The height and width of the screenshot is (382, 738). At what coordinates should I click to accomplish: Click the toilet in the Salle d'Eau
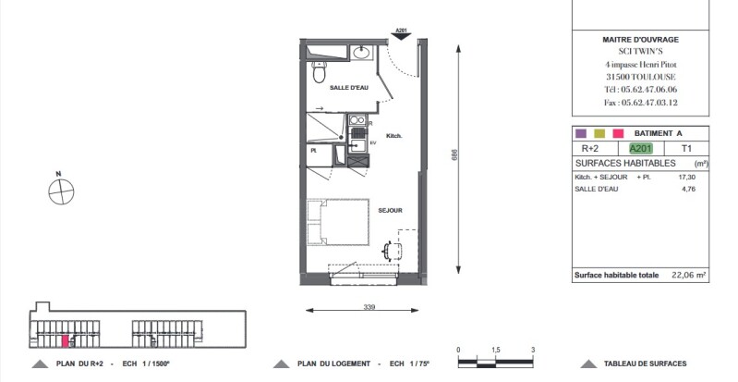pyautogui.click(x=319, y=71)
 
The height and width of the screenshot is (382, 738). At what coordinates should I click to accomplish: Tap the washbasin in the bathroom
pyautogui.click(x=361, y=53)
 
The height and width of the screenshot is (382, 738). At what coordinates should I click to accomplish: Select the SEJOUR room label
pyautogui.click(x=390, y=210)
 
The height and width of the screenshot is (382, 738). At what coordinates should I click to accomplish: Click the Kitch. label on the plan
pyautogui.click(x=394, y=136)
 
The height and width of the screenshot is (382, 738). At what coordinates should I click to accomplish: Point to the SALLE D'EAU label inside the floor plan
pyautogui.click(x=349, y=88)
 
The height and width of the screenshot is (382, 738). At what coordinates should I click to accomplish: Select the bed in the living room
pyautogui.click(x=338, y=222)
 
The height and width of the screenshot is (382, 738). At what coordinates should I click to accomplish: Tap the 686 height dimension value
pyautogui.click(x=454, y=155)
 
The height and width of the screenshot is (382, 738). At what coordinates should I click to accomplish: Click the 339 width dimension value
pyautogui.click(x=369, y=307)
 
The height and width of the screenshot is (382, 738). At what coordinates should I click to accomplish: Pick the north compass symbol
pyautogui.click(x=61, y=191)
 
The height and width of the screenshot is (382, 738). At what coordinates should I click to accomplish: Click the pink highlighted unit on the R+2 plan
pyautogui.click(x=66, y=340)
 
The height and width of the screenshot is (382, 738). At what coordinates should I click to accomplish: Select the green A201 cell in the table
pyautogui.click(x=641, y=149)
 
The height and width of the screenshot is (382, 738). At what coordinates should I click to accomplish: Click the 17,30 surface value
pyautogui.click(x=686, y=178)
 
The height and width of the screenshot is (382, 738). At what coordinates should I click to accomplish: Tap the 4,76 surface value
pyautogui.click(x=688, y=189)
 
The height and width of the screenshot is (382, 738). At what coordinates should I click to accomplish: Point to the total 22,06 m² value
pyautogui.click(x=688, y=275)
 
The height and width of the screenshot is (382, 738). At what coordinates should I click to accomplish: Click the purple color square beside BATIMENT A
pyautogui.click(x=581, y=133)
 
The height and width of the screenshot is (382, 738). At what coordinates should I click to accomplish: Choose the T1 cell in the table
pyautogui.click(x=686, y=149)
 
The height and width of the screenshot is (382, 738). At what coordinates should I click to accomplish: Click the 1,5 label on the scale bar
pyautogui.click(x=496, y=351)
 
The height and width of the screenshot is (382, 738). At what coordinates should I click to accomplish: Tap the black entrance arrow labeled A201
pyautogui.click(x=401, y=34)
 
